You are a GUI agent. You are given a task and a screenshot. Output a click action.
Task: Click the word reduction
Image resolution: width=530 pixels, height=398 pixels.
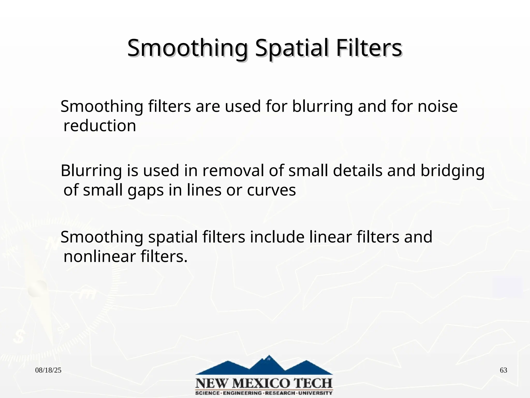click(x=100, y=126)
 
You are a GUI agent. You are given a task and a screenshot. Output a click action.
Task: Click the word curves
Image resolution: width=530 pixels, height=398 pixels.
click(x=271, y=190)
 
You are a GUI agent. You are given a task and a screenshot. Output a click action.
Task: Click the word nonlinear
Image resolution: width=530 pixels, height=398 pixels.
click(x=100, y=257)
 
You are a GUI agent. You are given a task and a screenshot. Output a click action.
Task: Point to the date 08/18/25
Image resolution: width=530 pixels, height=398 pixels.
click(x=48, y=370)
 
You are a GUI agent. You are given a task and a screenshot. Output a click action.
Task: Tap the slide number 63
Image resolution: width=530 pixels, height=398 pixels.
click(x=503, y=370)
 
